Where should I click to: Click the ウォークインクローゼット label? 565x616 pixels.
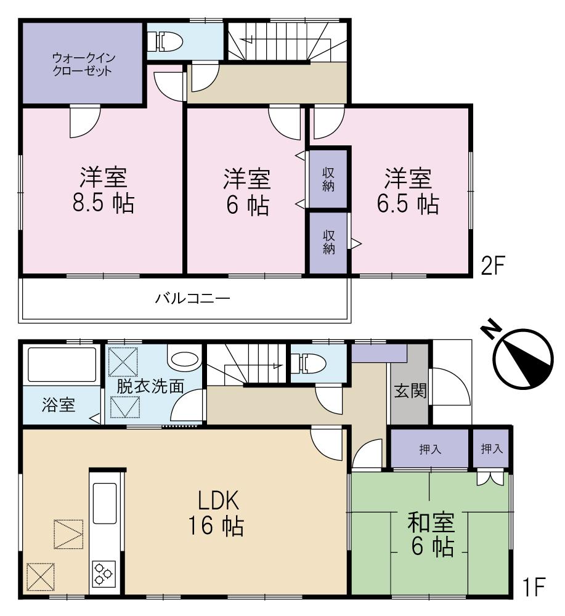[x=83, y=64]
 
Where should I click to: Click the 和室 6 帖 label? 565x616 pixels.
[x=431, y=534]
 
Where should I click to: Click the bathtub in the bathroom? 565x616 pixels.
[x=60, y=365]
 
